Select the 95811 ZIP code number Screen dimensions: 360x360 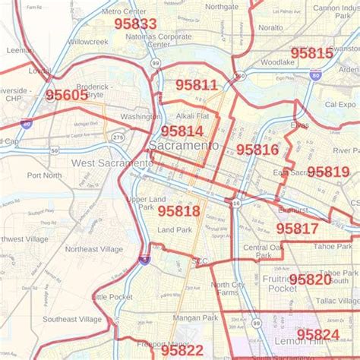[196, 85]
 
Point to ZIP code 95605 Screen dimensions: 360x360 [66, 95]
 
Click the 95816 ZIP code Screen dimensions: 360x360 [257, 150]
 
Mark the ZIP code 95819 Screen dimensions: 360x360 [328, 172]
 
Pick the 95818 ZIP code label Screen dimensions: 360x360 [178, 210]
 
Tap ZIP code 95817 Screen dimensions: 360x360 [297, 228]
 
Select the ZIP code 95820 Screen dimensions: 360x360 [310, 279]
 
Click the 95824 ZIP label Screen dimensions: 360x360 [317, 334]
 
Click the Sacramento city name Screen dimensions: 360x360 [184, 145]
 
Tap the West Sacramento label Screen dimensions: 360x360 [112, 163]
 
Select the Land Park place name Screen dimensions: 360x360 [175, 229]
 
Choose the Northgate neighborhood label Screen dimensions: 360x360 [222, 7]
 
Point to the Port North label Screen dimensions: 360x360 [44, 175]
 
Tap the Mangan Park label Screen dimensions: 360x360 [195, 317]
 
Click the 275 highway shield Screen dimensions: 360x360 [118, 137]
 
